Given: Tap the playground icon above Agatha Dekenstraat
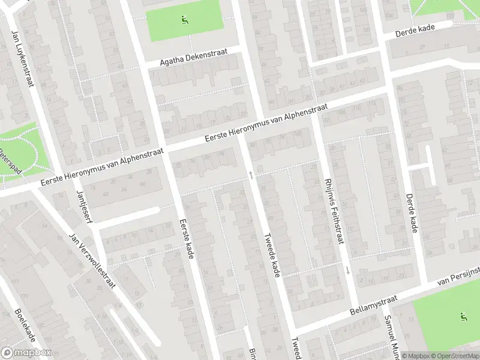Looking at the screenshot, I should point(184,19).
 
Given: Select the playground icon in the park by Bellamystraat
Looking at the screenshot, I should point(463,317).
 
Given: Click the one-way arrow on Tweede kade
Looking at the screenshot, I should point(251,175).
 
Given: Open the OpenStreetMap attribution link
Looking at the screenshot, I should point(454,356).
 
